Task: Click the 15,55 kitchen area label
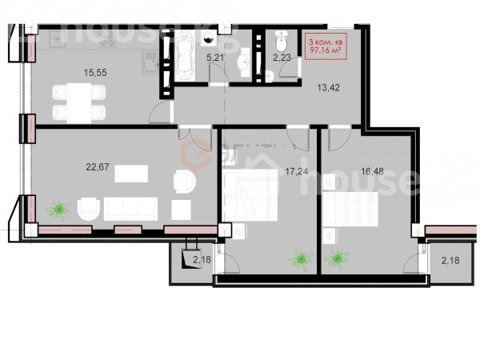point(95,73)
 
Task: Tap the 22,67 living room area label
point(98,167)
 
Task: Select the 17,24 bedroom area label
point(296,171)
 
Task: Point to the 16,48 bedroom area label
point(372,171)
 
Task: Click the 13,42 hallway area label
point(328,88)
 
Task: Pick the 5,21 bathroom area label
point(215,58)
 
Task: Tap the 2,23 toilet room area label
point(282,58)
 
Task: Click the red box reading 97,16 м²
point(325,46)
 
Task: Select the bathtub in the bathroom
point(185,56)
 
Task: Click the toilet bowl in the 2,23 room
point(281,41)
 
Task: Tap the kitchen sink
point(150,62)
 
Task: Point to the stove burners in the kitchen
point(107,39)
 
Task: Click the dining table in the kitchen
point(79,103)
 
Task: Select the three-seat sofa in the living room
point(130,209)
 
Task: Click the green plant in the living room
point(58,210)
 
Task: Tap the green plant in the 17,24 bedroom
point(301,260)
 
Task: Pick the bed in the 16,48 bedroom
point(351,209)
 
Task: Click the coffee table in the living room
point(131,174)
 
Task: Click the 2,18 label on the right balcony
point(450,261)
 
